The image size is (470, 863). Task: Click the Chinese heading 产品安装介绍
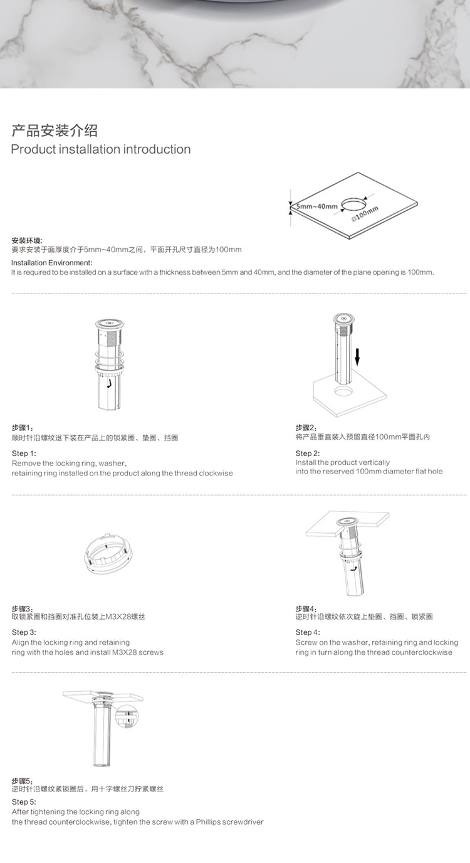pos(55,130)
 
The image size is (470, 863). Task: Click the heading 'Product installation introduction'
pos(101,149)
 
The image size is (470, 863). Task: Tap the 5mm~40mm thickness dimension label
pos(317,206)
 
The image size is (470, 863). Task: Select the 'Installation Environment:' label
pos(51,263)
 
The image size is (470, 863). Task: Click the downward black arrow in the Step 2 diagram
pos(357,357)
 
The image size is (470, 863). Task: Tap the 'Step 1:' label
pos(24,453)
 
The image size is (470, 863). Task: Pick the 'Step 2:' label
pos(308,453)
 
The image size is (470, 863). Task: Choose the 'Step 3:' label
pos(24,632)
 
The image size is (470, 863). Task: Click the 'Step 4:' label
pos(308,632)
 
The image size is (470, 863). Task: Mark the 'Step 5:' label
pos(24,802)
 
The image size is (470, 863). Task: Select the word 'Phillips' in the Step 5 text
pos(208,822)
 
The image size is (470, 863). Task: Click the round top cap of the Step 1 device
pos(110,324)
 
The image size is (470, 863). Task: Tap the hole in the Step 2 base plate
pos(343,392)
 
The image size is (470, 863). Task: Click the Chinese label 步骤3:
pos(23,608)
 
